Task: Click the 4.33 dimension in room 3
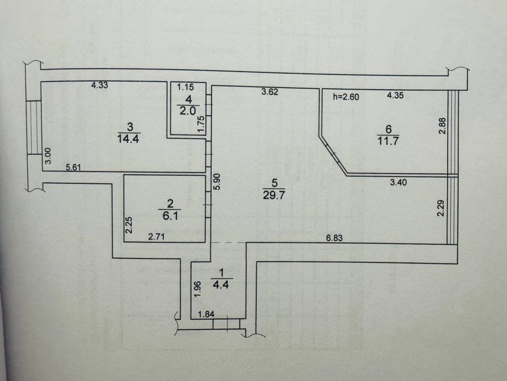99,85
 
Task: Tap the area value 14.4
128,139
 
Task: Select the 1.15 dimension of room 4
186,87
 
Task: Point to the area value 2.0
187,111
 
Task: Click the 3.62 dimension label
270,92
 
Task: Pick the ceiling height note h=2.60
346,96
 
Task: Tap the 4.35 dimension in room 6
395,95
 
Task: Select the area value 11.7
388,142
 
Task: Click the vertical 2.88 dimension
442,126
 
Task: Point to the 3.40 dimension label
398,182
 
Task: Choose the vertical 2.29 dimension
441,208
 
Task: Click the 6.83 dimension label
334,238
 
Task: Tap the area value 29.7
274,195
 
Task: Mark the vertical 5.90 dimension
217,182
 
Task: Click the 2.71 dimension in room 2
157,237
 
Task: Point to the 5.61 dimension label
74,168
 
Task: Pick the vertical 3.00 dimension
47,156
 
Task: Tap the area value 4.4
221,285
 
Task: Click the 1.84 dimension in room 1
206,314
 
